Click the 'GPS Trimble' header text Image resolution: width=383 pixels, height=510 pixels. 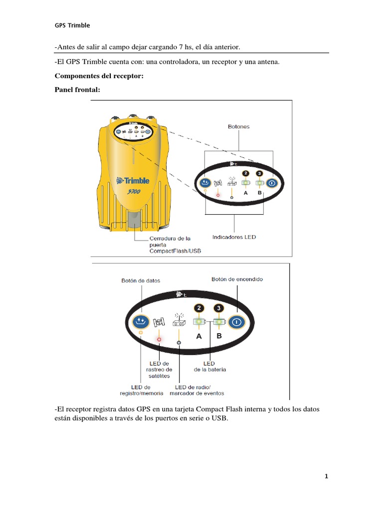point(72,25)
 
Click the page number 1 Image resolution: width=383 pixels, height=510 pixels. point(326,476)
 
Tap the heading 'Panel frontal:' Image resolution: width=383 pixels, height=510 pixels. point(77,90)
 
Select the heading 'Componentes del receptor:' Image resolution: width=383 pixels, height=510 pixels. point(99,76)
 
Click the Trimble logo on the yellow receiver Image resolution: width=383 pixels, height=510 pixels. point(133,180)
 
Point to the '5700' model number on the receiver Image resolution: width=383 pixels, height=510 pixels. point(134,191)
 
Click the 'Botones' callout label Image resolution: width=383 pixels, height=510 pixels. point(239,127)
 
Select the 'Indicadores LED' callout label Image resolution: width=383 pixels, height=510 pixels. point(234,237)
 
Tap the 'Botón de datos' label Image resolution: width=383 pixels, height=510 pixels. point(141,281)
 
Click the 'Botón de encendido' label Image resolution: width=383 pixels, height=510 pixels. point(237,279)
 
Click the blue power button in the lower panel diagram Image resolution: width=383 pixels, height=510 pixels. point(236,322)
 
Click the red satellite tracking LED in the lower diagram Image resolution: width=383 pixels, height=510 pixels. point(159,339)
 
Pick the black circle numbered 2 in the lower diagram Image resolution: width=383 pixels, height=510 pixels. point(199,308)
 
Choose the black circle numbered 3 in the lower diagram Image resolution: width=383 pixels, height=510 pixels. point(219,308)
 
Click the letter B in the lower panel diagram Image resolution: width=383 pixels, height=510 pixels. point(219,336)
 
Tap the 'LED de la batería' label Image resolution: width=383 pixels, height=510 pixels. point(210,367)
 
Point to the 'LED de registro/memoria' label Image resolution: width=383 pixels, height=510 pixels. point(141,390)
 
